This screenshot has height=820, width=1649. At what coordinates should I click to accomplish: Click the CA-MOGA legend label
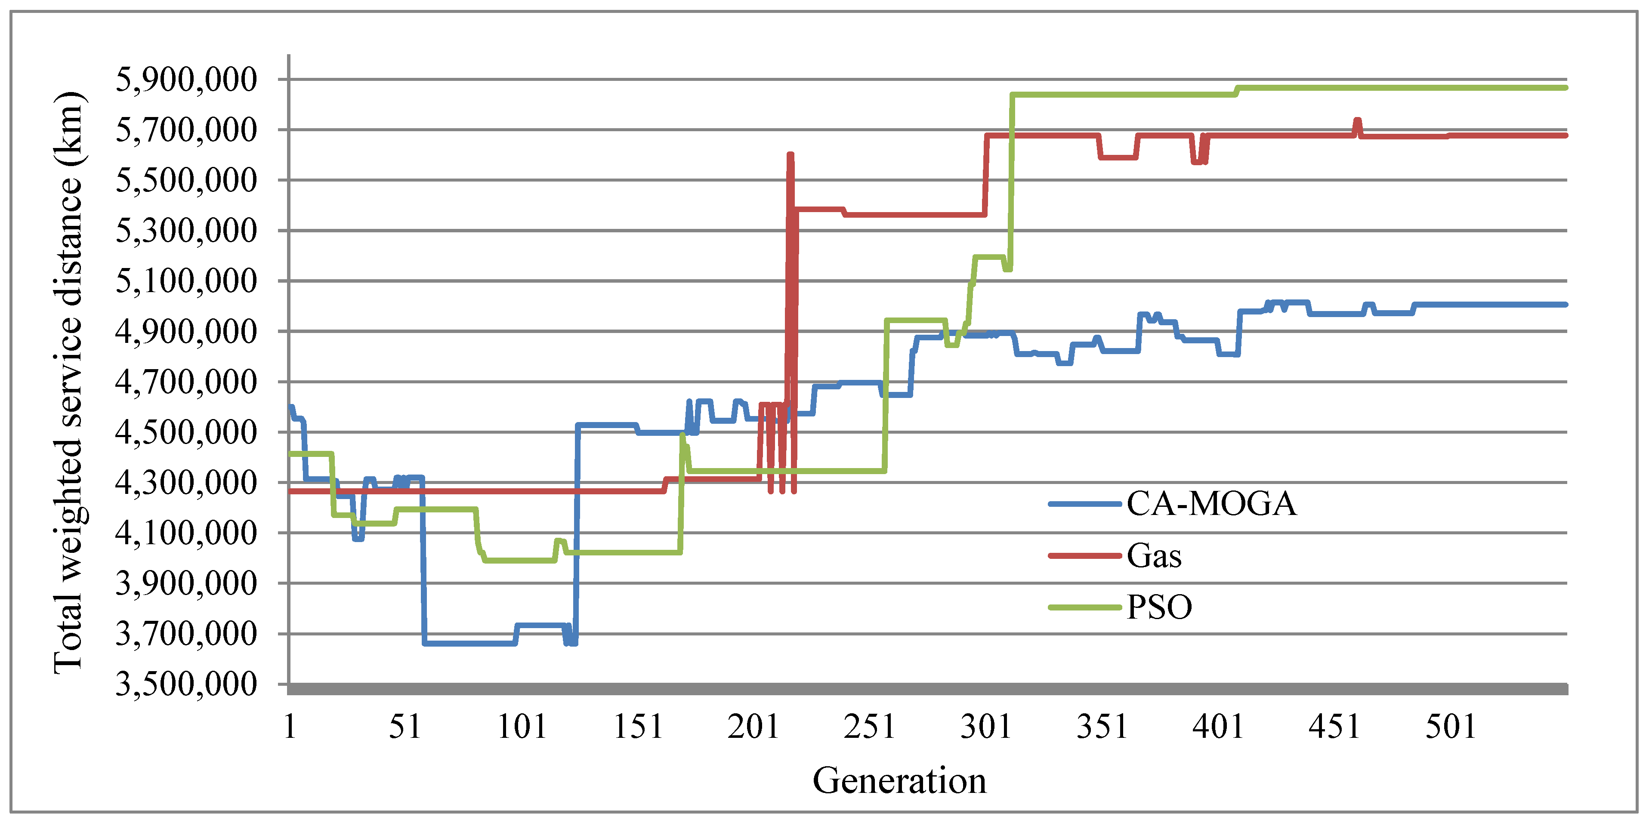[x=1211, y=504]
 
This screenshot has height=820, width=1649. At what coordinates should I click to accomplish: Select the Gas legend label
[x=1154, y=555]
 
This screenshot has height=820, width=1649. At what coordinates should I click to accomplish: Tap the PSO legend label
[x=1159, y=607]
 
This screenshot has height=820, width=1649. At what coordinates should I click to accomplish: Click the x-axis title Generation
[x=899, y=781]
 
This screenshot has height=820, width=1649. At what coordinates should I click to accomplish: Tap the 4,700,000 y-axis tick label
[x=185, y=382]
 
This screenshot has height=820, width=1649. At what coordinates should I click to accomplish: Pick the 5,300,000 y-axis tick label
[x=185, y=231]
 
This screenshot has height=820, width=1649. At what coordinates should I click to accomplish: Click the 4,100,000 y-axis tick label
[x=185, y=533]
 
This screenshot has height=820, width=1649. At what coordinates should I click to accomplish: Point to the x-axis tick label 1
[x=290, y=727]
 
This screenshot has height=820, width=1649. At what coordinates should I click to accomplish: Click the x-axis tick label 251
[x=869, y=727]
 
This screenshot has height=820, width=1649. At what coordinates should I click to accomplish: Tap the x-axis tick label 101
[x=522, y=727]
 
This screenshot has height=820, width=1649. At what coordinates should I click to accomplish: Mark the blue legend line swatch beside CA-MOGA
[x=1084, y=504]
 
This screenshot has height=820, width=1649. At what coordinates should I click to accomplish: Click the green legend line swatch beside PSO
[x=1084, y=607]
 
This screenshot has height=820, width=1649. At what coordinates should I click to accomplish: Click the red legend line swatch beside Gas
[x=1084, y=555]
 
